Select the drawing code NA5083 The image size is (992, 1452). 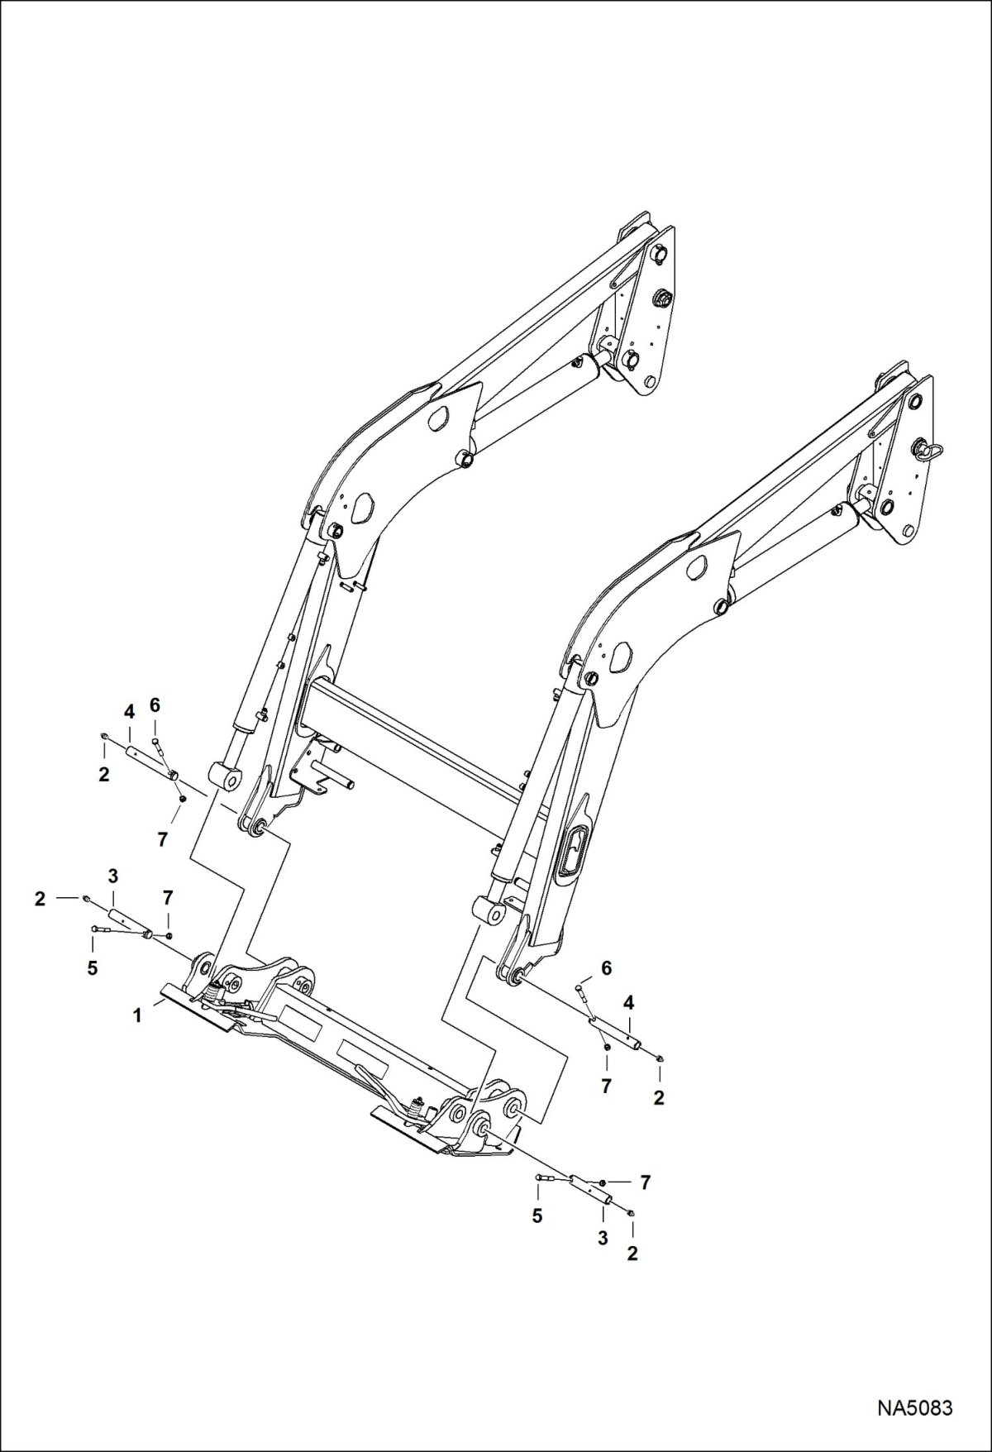(915, 1407)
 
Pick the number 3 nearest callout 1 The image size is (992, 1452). (113, 875)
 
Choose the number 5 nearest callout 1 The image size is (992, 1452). (93, 967)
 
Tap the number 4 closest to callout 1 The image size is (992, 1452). (129, 710)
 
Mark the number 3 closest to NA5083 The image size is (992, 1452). (603, 1237)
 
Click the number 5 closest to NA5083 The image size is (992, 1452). (538, 1216)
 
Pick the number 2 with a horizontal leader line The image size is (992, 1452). (40, 898)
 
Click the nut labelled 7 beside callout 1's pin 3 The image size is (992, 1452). (169, 935)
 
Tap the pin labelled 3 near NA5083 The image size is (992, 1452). (593, 1189)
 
